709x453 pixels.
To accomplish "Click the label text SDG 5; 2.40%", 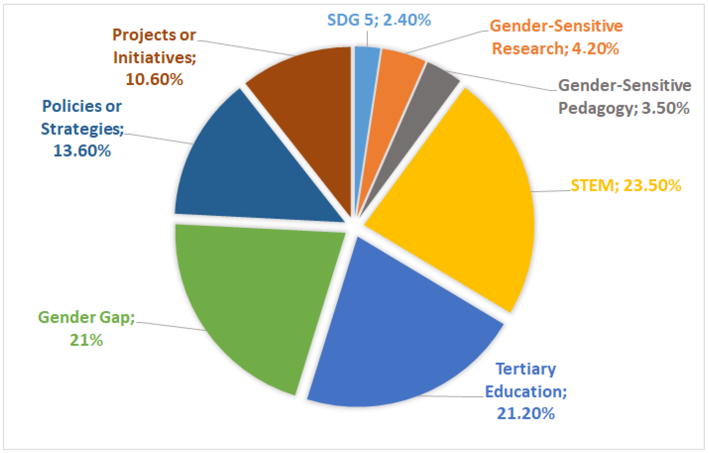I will click(379, 20).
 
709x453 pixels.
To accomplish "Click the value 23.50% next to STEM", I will click(652, 186).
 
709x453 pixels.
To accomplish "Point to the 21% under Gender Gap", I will click(86, 340).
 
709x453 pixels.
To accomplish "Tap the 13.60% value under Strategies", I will click(82, 151).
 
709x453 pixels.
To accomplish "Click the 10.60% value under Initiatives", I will click(154, 80).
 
